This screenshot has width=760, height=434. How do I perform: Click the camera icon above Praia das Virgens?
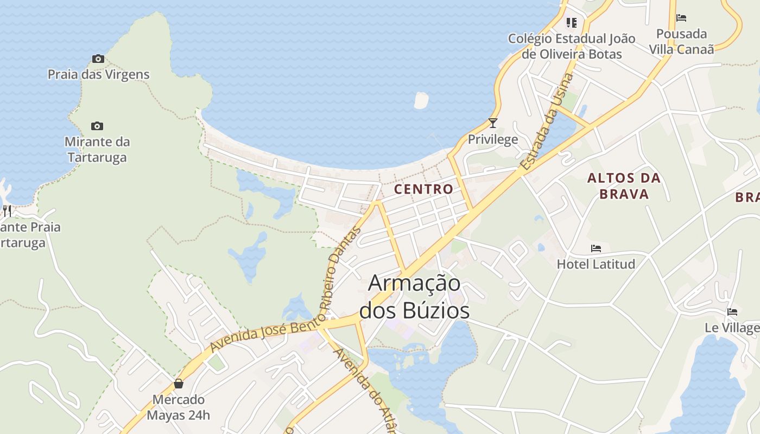98,59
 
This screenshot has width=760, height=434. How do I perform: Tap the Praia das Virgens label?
98,74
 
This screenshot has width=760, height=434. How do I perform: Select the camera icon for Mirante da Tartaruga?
97,126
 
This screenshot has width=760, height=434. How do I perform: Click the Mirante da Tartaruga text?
97,150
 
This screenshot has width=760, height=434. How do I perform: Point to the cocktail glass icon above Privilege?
492,123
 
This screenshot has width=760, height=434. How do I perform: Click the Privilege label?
493,139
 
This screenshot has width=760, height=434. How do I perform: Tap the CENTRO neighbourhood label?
423,189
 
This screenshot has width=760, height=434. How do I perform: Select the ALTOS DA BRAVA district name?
624,186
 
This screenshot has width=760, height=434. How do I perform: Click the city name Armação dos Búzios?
414,297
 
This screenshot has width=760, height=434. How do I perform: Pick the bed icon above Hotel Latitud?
596,248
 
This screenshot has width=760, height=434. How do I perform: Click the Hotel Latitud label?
596,264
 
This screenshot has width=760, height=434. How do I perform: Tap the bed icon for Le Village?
732,312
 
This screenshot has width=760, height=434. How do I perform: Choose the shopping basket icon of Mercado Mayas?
179,384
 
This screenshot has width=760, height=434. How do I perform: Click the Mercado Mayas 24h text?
179,407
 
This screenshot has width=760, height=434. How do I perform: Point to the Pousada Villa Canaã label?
681,41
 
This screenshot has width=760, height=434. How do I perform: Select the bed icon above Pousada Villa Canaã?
681,18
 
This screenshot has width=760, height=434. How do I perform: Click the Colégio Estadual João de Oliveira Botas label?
572,46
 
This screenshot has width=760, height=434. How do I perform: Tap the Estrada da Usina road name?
547,122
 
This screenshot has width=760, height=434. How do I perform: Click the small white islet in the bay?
421,100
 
